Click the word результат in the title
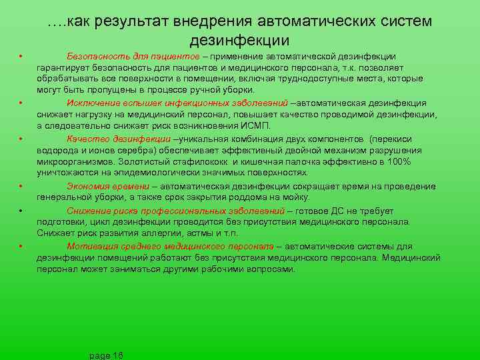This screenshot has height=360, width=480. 137,21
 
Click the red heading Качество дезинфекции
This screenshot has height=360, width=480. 119,139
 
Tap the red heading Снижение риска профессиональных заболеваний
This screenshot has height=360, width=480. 175,211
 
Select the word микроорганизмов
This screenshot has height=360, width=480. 73,162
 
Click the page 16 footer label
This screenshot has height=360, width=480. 105,355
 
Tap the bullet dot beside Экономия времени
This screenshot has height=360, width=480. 22,186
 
